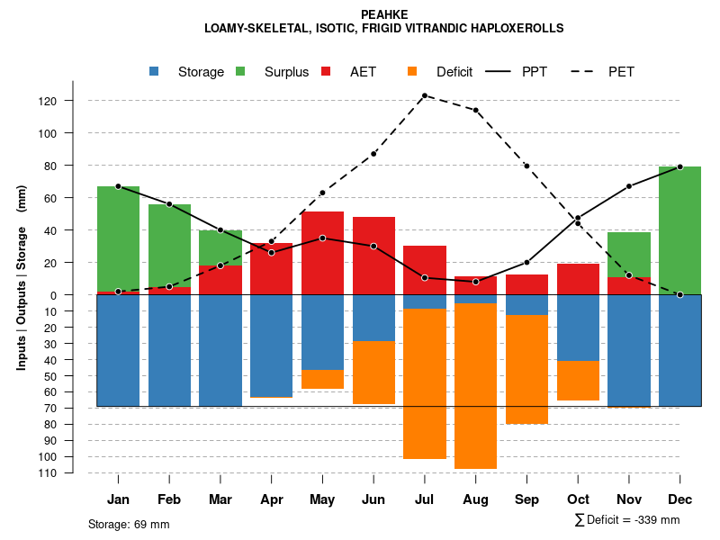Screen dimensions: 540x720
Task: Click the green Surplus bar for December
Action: click(679, 230)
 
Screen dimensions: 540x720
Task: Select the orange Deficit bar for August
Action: click(475, 386)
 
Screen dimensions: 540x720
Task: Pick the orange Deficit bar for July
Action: click(425, 383)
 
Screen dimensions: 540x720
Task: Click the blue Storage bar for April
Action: click(271, 346)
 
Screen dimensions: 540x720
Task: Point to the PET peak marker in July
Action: click(425, 95)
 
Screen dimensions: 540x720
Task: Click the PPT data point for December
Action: click(680, 166)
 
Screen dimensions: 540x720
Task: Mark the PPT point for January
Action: click(118, 186)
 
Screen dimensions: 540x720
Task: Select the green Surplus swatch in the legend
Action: click(242, 71)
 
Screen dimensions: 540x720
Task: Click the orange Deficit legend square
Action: click(412, 71)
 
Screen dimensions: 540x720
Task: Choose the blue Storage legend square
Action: click(155, 71)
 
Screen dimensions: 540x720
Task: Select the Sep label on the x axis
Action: click(526, 499)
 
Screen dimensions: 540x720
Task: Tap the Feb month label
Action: click(169, 499)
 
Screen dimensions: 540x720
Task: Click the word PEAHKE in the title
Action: click(384, 14)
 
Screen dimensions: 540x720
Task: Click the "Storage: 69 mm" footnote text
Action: click(129, 524)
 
